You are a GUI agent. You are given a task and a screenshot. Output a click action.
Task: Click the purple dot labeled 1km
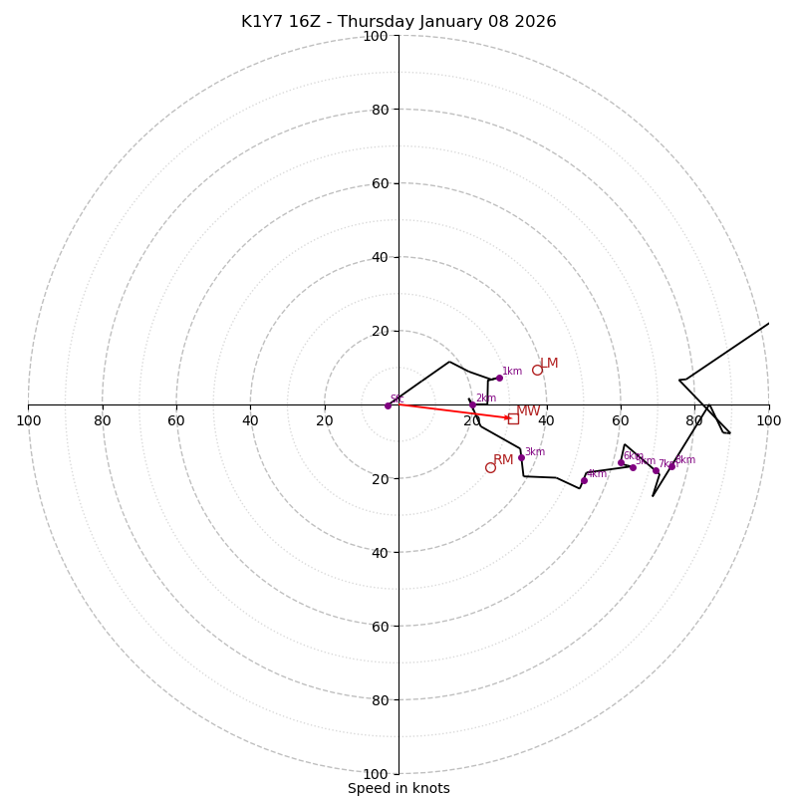[x=499, y=378]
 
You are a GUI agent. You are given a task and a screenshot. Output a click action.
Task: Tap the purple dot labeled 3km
[x=521, y=457]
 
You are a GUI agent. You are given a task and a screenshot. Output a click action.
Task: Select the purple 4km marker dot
[x=584, y=480]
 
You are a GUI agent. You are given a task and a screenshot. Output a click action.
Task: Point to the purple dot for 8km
[x=671, y=465]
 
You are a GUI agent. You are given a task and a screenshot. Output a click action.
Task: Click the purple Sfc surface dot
[x=388, y=405]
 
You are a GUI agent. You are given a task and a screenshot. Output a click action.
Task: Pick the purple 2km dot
[x=473, y=404]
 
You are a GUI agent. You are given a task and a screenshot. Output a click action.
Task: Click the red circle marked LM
[x=537, y=370]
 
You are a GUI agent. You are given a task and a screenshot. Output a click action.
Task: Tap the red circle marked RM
[x=490, y=467]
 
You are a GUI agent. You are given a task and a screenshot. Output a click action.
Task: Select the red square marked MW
[x=513, y=418]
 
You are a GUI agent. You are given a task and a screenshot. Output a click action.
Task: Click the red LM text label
[x=549, y=364]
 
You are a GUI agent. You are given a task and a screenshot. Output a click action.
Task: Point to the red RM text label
[x=503, y=459]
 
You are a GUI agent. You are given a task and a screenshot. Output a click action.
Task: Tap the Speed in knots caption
[x=398, y=788]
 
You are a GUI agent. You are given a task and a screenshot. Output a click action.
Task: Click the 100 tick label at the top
[x=376, y=36]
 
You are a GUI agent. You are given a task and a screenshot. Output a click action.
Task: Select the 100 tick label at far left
[x=28, y=420]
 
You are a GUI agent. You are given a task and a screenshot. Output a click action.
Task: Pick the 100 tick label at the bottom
[x=376, y=773]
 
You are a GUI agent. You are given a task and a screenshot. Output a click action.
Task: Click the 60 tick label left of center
[x=176, y=420]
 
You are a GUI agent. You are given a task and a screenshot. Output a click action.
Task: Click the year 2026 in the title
[x=536, y=22]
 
